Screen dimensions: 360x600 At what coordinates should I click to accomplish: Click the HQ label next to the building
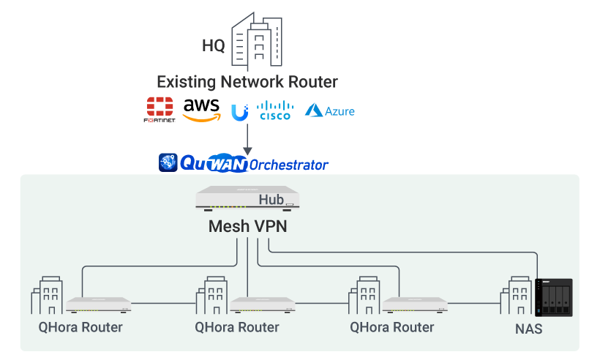[x=214, y=46]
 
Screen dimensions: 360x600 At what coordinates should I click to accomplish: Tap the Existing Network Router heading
[x=247, y=80]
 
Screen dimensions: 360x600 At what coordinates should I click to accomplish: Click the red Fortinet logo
[x=160, y=109]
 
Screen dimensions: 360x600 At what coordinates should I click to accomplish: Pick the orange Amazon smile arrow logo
[x=200, y=116]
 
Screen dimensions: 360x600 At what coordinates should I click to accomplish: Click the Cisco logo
[x=275, y=110]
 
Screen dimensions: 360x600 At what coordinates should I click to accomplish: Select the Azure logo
[x=330, y=110]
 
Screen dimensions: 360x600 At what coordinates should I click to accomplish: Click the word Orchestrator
[x=289, y=165]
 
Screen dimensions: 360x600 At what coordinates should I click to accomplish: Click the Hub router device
[x=248, y=198]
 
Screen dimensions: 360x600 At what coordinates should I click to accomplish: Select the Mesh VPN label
[x=248, y=226]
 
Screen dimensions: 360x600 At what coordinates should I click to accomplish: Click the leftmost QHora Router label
[x=80, y=326]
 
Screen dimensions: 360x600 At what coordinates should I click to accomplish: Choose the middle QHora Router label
[x=237, y=326]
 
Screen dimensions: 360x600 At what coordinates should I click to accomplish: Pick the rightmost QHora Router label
[x=392, y=326]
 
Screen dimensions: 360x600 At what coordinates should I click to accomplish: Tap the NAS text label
[x=528, y=329]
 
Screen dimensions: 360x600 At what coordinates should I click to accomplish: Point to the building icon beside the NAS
[x=517, y=296]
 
